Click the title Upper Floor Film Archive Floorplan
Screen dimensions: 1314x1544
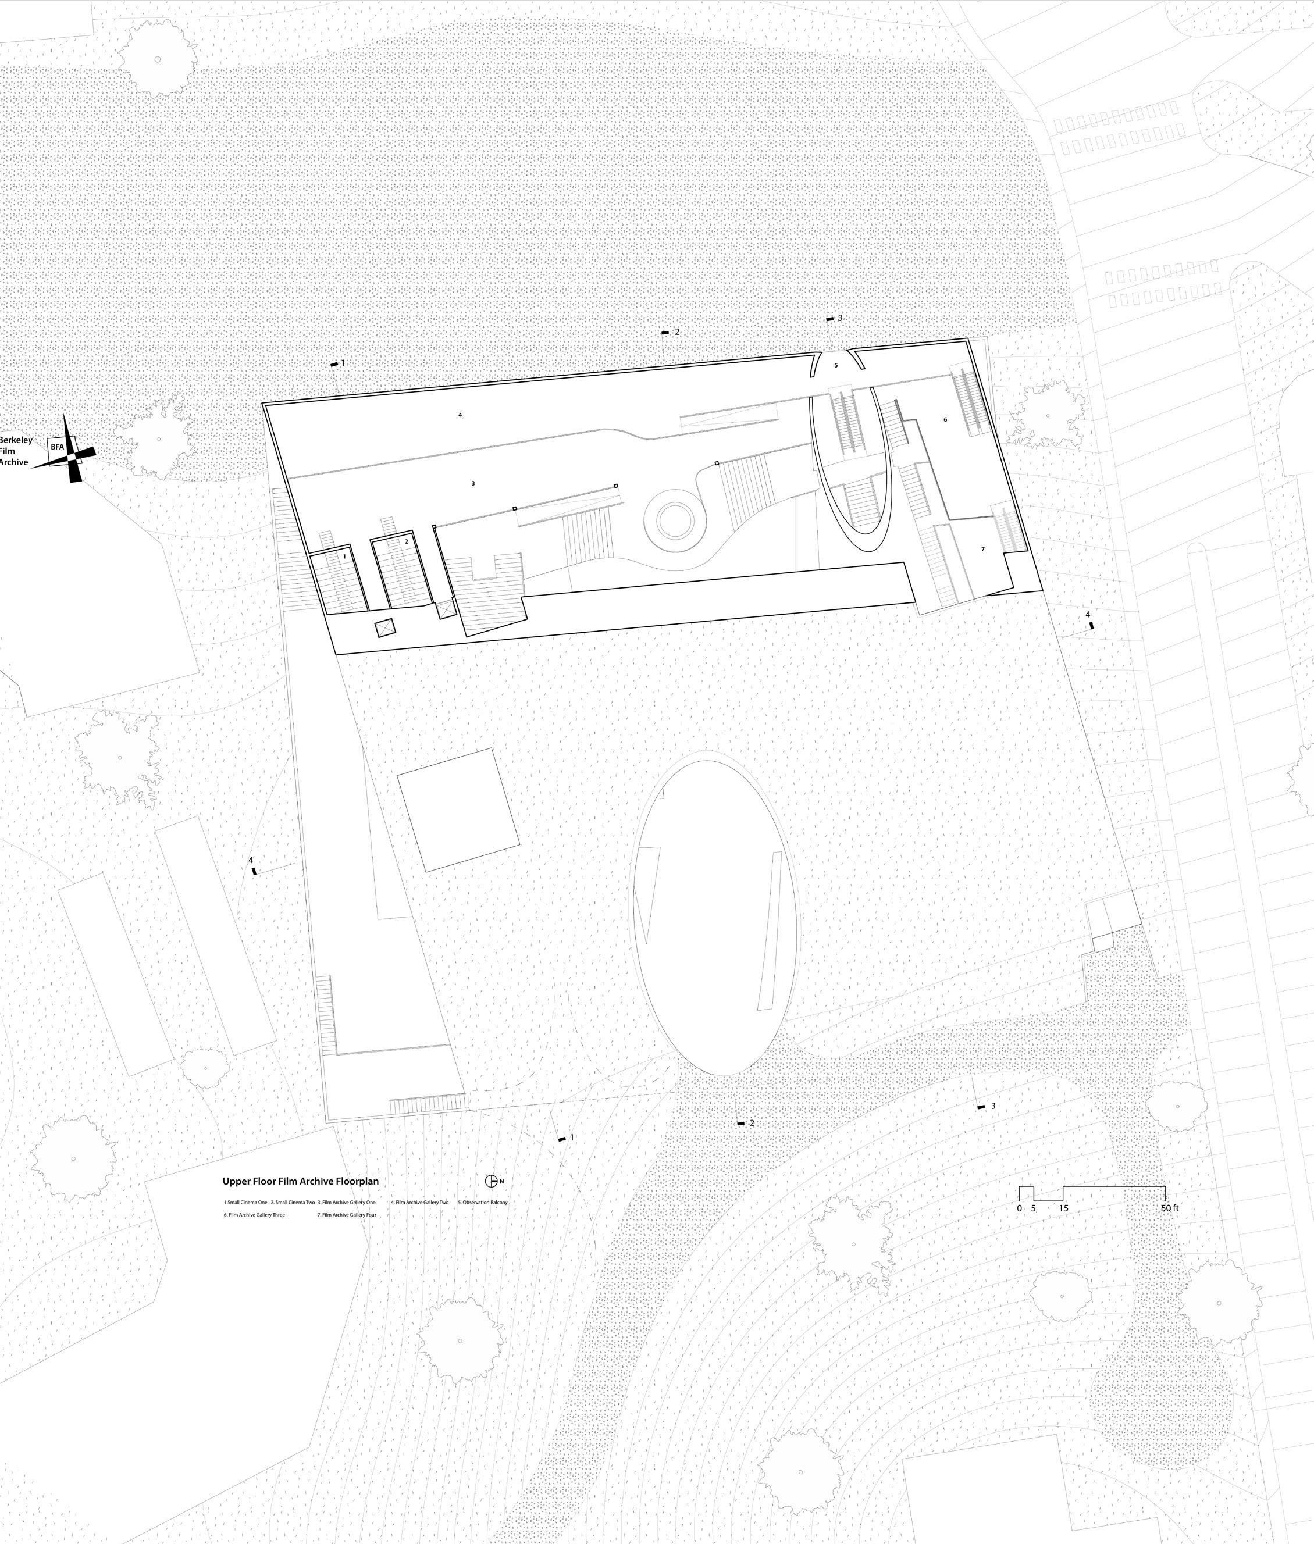(300, 1181)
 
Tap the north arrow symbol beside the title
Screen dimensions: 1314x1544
(491, 1181)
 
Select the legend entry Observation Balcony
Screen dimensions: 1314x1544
(483, 1202)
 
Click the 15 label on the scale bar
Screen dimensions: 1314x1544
(1064, 1208)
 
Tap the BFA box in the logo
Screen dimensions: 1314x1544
(58, 447)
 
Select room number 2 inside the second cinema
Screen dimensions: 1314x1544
(406, 541)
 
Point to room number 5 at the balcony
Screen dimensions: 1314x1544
(836, 366)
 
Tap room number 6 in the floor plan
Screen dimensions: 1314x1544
(945, 419)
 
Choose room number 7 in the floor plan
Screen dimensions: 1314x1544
(982, 549)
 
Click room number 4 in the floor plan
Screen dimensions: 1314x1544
(460, 415)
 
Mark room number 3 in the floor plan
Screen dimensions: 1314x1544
(473, 483)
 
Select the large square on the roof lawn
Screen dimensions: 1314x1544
(458, 810)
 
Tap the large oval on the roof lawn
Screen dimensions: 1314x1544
(715, 913)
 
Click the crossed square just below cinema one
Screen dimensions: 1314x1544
(384, 629)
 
